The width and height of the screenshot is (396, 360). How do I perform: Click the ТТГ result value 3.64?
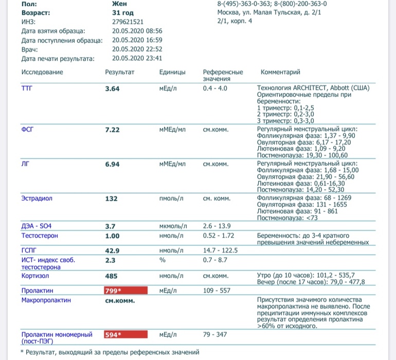[112, 88]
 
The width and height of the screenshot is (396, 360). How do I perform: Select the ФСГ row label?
[27, 130]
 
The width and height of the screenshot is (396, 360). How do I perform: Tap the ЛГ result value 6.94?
[112, 165]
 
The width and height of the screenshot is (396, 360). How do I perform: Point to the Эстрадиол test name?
[37, 199]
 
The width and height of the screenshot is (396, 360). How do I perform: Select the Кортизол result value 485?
[111, 276]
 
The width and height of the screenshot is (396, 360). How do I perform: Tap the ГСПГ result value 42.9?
[112, 250]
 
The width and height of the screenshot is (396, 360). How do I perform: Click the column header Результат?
[119, 73]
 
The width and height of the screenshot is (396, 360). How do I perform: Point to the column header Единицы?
[172, 73]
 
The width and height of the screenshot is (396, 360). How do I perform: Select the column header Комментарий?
[280, 73]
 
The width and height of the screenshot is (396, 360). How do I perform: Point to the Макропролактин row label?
[46, 300]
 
